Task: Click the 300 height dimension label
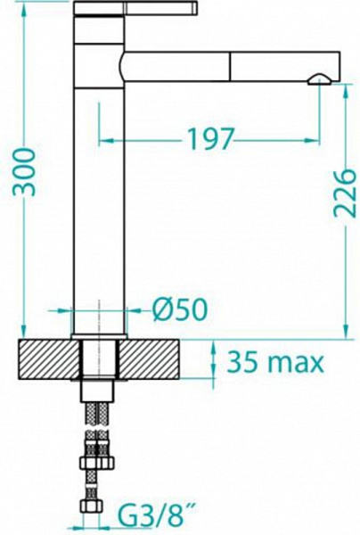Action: pyautogui.click(x=24, y=172)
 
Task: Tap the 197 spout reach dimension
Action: pyautogui.click(x=211, y=139)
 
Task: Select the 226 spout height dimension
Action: pyautogui.click(x=345, y=193)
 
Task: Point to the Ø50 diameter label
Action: pyautogui.click(x=180, y=309)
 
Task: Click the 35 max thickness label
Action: pyautogui.click(x=275, y=362)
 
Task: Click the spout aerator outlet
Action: pyautogui.click(x=318, y=79)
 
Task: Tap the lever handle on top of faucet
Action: pyautogui.click(x=135, y=7)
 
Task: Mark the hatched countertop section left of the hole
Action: pyautogui.click(x=49, y=358)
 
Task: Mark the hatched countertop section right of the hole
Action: pyautogui.click(x=149, y=358)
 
